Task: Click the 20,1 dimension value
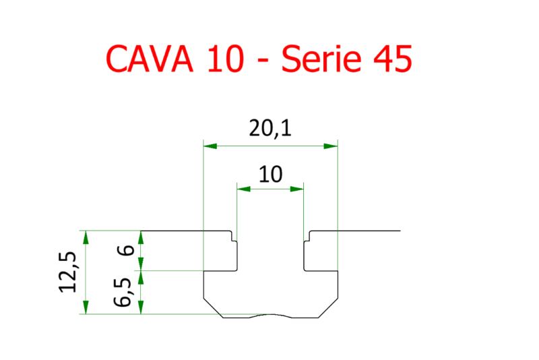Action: click(269, 129)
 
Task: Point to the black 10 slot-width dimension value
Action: click(269, 175)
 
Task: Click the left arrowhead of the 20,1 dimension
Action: click(210, 145)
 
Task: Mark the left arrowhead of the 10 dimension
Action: click(243, 189)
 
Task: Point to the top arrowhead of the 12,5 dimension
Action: click(85, 237)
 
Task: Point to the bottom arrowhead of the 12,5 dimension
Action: click(85, 307)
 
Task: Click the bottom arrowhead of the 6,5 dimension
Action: click(141, 307)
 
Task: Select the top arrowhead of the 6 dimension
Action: click(141, 237)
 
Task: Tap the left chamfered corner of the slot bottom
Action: click(213, 307)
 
